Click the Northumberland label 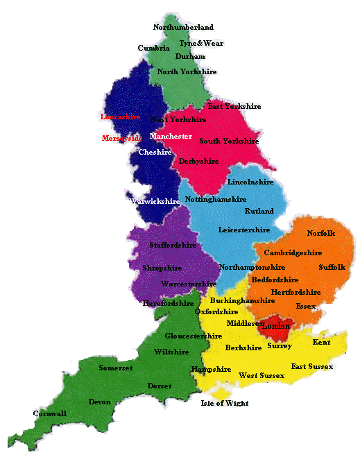(x=183, y=27)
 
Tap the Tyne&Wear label (x=201, y=43)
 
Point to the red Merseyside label (x=121, y=138)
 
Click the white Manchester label (x=171, y=137)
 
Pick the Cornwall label (x=50, y=413)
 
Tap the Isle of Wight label (x=224, y=403)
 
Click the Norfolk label (x=320, y=234)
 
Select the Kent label (x=321, y=343)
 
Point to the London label (x=275, y=326)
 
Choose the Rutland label (x=259, y=211)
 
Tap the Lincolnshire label (x=250, y=182)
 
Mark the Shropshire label (x=162, y=268)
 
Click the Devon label (x=99, y=402)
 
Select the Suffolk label (x=331, y=267)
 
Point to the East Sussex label (x=311, y=366)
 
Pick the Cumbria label (x=153, y=48)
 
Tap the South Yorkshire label (x=229, y=141)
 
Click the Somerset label (x=115, y=368)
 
